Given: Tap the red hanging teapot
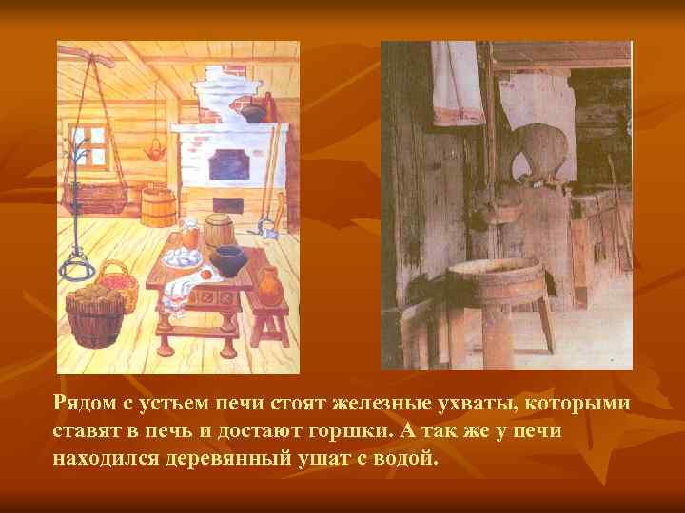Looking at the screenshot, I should (x=151, y=150).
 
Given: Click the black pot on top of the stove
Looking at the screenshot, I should (x=251, y=113).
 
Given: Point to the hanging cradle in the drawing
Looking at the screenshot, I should (x=99, y=197).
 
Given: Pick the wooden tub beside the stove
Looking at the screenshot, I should (x=158, y=206).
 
